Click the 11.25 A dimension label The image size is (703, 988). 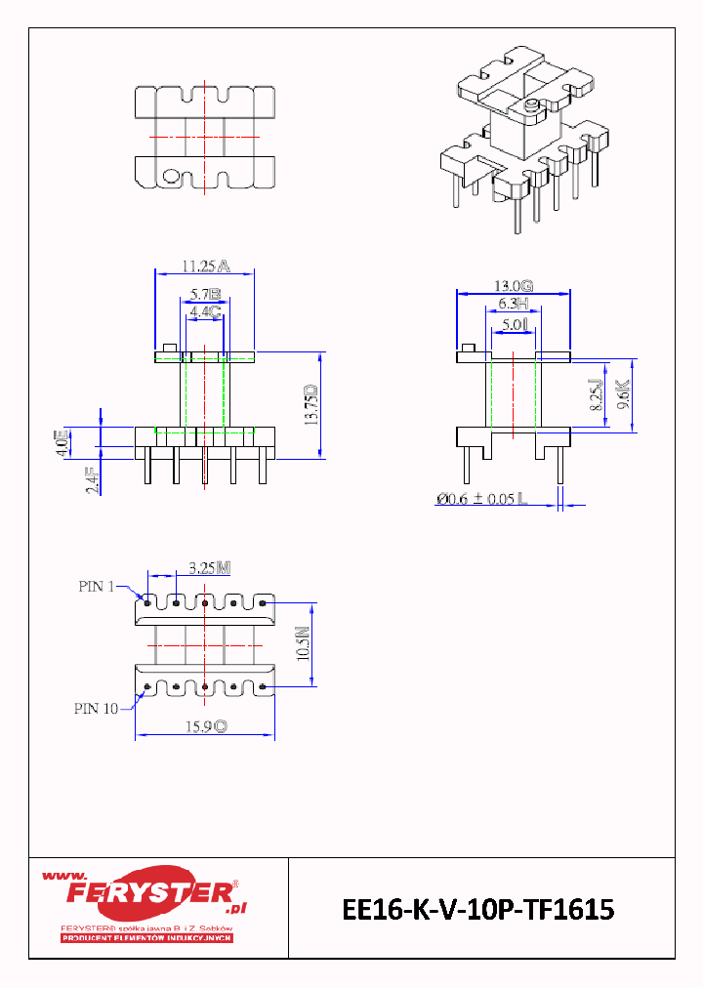(205, 265)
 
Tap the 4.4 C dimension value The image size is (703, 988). (205, 312)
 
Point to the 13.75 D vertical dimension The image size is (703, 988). (311, 405)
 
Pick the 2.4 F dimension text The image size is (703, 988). (92, 479)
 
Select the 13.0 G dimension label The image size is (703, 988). (513, 286)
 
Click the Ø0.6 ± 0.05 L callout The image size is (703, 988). (481, 499)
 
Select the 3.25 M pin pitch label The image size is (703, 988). (209, 567)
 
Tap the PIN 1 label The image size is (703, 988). (97, 587)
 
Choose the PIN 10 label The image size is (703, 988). (96, 709)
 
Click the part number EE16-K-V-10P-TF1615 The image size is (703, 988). (478, 910)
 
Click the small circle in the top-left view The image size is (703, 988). (170, 177)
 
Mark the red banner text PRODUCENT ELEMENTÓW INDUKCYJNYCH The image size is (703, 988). (145, 938)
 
